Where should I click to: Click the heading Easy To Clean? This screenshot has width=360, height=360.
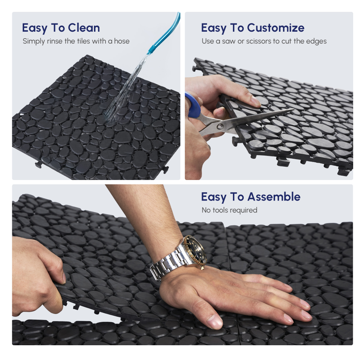click(x=61, y=28)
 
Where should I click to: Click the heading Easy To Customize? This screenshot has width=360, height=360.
click(x=252, y=28)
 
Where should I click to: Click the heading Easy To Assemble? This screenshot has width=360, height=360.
click(x=251, y=197)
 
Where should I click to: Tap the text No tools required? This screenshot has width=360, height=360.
click(x=229, y=210)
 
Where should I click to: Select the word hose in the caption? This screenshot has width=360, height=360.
click(x=122, y=41)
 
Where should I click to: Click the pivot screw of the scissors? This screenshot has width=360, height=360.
click(x=220, y=126)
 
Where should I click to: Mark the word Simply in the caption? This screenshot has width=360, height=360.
click(x=34, y=41)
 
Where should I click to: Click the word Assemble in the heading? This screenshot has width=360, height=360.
click(x=274, y=197)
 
